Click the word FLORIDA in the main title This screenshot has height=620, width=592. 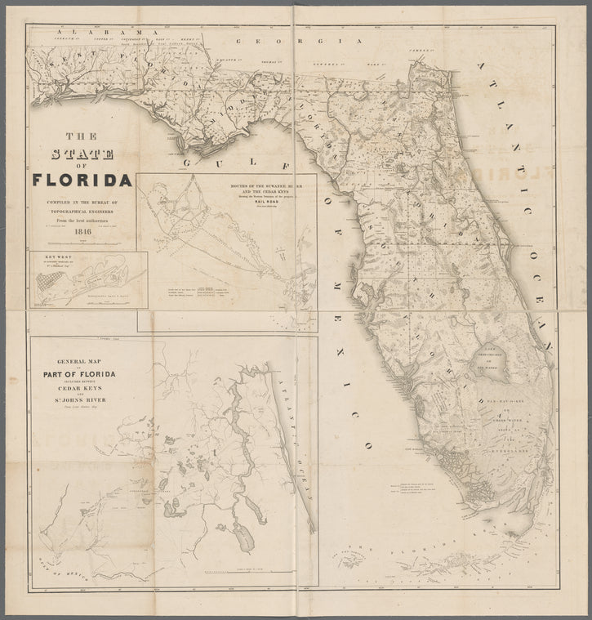(82, 179)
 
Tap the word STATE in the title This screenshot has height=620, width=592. (82, 155)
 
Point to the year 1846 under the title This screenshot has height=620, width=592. (82, 231)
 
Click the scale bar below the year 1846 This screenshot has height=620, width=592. (82, 242)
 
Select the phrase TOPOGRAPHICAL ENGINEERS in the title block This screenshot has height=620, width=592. (82, 208)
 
